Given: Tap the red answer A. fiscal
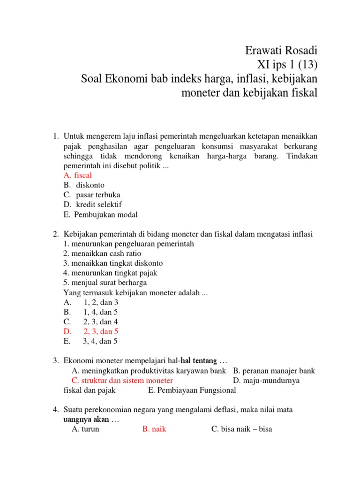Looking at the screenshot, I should [78, 175].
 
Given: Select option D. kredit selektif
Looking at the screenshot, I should [92, 204].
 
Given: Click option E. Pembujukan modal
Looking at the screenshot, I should [100, 214].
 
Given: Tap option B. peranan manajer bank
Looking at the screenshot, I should [274, 370].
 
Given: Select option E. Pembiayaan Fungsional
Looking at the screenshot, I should [192, 390].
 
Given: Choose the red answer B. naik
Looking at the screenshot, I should [154, 429].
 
